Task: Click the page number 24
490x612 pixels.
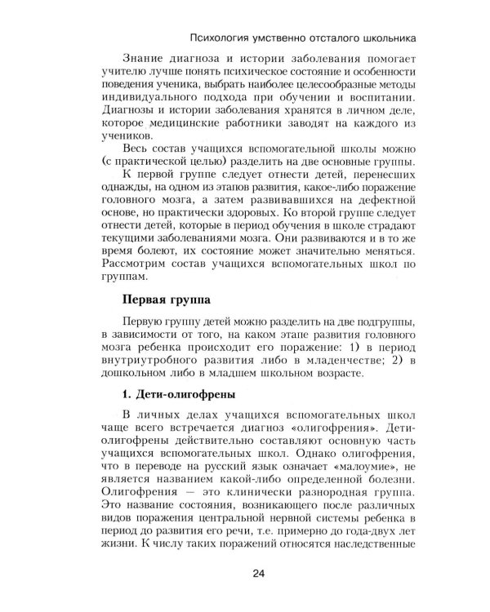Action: click(258, 575)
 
